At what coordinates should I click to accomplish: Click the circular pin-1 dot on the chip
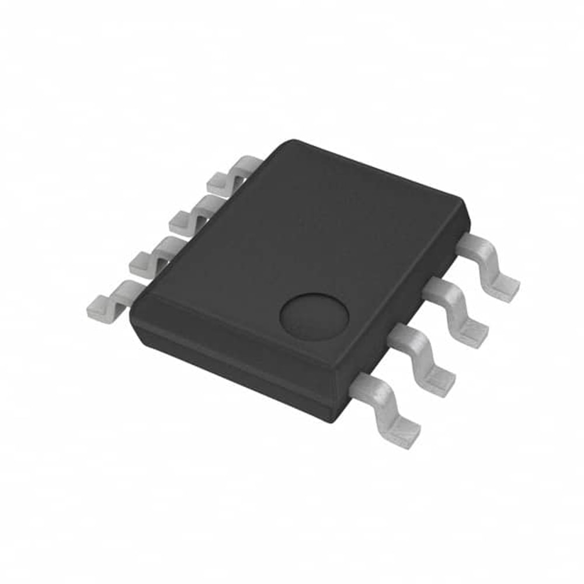coord(314,316)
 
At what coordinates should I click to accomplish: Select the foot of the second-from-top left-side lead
coord(180,221)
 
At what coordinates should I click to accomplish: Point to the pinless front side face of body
coord(234,362)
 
